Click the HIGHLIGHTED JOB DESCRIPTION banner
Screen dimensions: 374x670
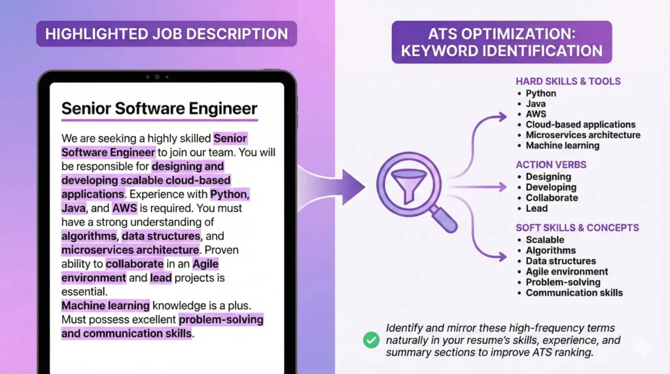[166, 33]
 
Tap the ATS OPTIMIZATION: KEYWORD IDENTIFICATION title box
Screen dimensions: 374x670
[502, 42]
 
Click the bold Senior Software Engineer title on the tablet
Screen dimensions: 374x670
[159, 109]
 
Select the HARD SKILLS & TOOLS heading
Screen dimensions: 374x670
[568, 82]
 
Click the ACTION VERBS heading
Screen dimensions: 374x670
[551, 165]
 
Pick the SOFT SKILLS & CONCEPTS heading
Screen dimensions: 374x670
[577, 228]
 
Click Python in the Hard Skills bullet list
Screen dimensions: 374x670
[540, 93]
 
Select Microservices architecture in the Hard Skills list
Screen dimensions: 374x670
[582, 135]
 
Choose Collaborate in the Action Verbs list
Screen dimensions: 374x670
[552, 197]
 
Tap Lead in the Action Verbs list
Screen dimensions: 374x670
[537, 208]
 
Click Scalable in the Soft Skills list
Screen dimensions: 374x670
[544, 240]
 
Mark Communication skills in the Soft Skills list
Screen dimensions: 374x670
[574, 292]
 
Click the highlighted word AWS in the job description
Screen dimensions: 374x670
[124, 208]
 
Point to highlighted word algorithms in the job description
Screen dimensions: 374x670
[89, 236]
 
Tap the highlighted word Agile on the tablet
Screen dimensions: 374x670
[205, 263]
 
